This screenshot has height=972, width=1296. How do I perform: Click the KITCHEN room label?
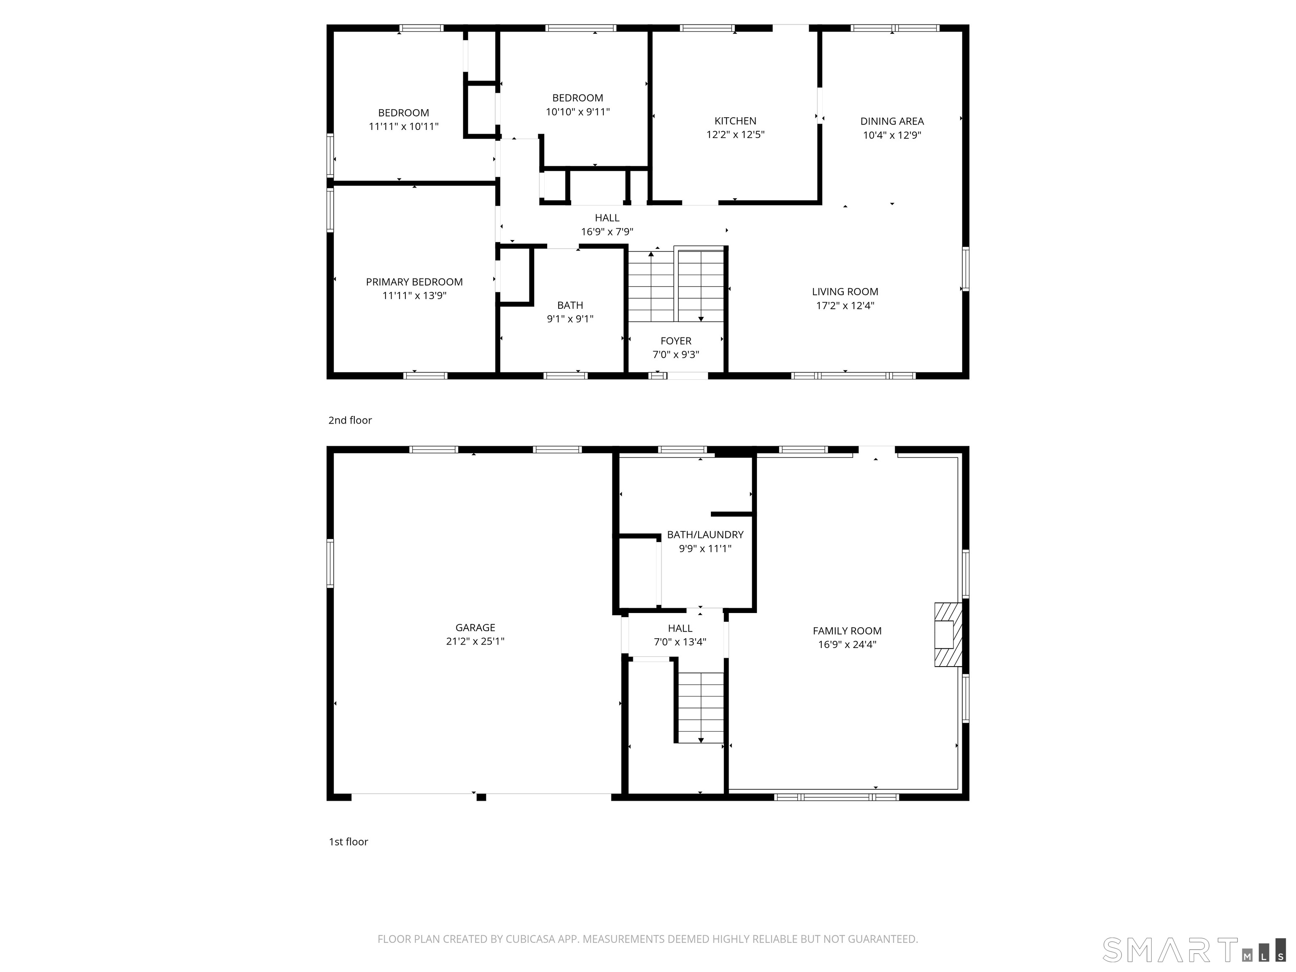click(x=735, y=121)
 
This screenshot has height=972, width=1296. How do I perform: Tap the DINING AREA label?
click(x=892, y=121)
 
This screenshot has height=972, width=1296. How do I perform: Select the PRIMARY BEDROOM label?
click(x=414, y=282)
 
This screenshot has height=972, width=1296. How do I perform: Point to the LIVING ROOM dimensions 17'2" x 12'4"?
click(x=845, y=305)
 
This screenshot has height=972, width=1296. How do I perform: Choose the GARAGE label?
click(x=475, y=627)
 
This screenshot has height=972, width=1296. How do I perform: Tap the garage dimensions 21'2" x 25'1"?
click(x=475, y=641)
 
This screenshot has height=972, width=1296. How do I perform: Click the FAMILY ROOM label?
click(x=847, y=631)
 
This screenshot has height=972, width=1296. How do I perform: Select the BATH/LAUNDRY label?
click(x=705, y=535)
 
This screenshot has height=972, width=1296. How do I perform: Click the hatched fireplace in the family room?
click(x=948, y=634)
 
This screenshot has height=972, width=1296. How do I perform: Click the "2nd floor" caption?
click(x=350, y=420)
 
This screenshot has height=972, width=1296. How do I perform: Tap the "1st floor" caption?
click(x=348, y=842)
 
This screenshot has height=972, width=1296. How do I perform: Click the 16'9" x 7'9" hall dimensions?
click(x=607, y=232)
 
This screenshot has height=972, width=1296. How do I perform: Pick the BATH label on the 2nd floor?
click(x=570, y=305)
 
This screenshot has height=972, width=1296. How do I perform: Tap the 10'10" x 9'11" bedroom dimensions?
click(x=578, y=112)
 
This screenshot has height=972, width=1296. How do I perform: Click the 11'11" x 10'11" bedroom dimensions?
click(x=404, y=127)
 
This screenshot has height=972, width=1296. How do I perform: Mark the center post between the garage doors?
click(x=481, y=797)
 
